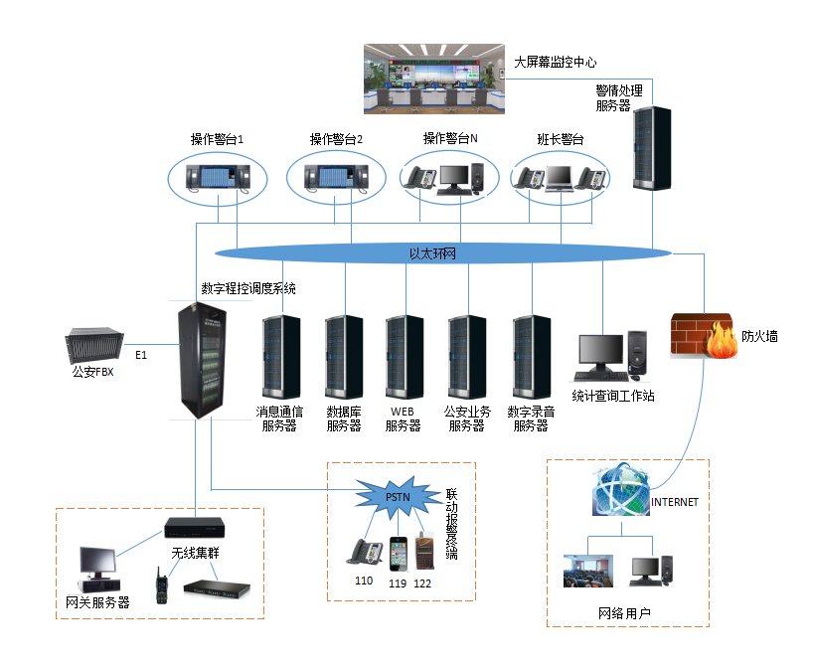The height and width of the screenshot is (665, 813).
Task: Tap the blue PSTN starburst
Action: point(397,492)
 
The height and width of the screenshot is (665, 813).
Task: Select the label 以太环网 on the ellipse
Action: point(432,254)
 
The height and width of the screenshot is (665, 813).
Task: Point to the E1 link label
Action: point(140,355)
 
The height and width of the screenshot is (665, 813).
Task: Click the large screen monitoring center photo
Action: point(434,79)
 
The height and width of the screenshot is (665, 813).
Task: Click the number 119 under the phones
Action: point(398,582)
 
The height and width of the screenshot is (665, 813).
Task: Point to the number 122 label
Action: point(423,582)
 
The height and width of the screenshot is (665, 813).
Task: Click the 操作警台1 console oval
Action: point(218,177)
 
